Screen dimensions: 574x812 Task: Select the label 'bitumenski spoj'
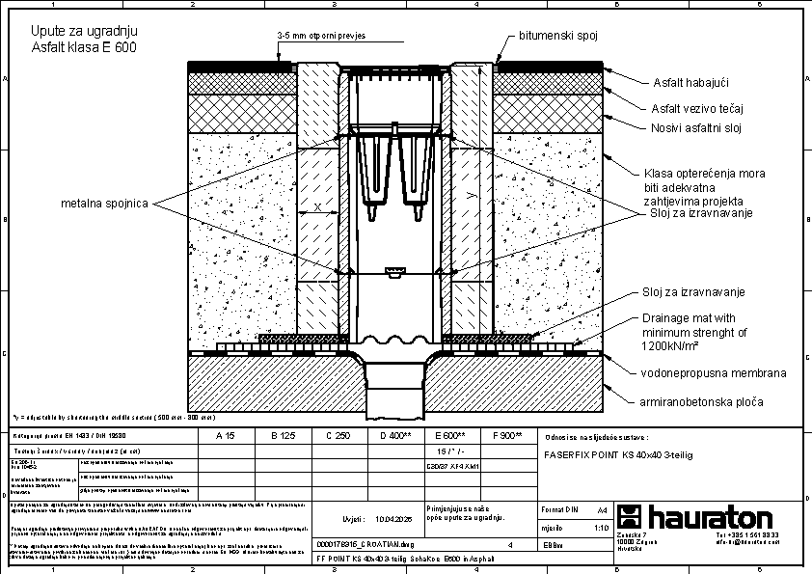click(x=558, y=36)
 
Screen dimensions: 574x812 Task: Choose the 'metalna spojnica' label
click(x=105, y=204)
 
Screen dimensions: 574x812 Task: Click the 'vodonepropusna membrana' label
click(x=714, y=372)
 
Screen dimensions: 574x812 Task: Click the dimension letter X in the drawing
click(x=317, y=208)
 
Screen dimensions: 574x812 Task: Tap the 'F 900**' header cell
click(x=506, y=436)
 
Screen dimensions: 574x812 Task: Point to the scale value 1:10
click(x=601, y=528)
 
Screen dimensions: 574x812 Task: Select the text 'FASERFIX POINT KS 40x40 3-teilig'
click(x=619, y=452)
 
